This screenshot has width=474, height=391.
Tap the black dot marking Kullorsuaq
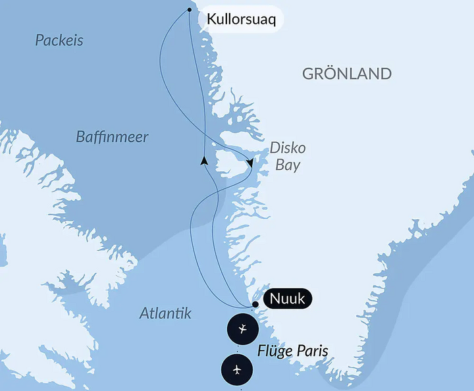(190, 10)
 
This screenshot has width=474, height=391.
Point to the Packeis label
(59, 41)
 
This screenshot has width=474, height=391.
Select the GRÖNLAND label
(347, 73)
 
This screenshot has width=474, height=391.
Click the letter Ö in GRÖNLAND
(327, 73)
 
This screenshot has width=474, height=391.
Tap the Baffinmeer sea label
(112, 138)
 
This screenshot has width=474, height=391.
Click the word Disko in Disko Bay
(288, 148)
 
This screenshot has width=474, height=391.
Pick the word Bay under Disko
(288, 165)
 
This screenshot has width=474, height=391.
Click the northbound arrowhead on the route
(205, 160)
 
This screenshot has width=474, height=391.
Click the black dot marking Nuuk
(255, 305)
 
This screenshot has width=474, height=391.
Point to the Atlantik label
(165, 314)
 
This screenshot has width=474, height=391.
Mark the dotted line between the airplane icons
(240, 350)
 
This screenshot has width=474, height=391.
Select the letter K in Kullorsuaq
(211, 20)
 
